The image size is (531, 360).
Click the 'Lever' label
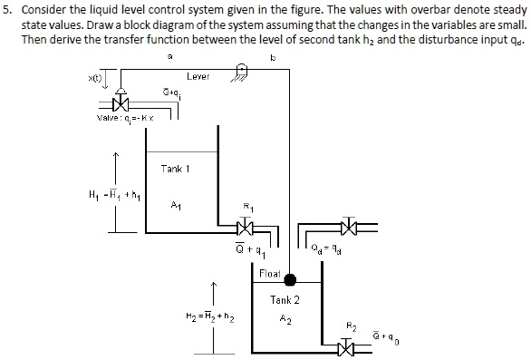pyautogui.click(x=198, y=77)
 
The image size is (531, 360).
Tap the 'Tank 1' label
pyautogui.click(x=174, y=169)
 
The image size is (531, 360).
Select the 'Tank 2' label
pyautogui.click(x=285, y=299)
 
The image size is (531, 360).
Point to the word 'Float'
pyautogui.click(x=270, y=272)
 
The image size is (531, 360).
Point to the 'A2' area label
pyautogui.click(x=285, y=318)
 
